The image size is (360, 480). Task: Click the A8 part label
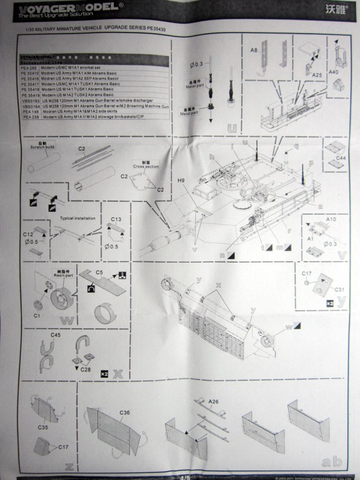coord(254,50)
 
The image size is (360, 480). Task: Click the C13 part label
coord(116,219)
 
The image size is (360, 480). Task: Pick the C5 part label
coord(98,272)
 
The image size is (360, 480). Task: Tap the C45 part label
coord(55,335)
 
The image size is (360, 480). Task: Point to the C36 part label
coord(125,413)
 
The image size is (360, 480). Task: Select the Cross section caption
coord(143,165)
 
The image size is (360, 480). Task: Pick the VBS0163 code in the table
coord(30,100)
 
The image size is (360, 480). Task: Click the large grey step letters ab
coord(328,462)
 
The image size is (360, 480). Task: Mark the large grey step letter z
coord(69,465)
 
